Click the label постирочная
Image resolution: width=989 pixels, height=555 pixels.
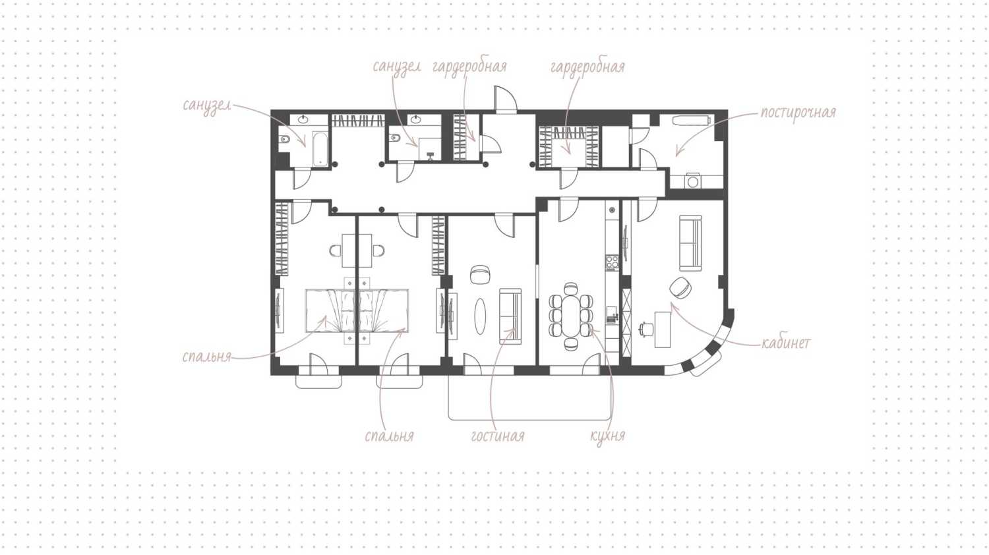798,113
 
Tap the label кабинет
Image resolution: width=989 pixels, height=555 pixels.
787,343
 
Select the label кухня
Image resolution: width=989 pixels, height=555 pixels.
607,436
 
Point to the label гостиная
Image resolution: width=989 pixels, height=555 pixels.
498,436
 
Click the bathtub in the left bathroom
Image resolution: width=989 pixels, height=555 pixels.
320,148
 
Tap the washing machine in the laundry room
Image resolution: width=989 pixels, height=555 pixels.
693,181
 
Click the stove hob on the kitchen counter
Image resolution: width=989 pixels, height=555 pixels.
612,262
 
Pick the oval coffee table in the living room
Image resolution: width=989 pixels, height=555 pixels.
480,316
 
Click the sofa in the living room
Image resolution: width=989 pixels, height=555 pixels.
510,316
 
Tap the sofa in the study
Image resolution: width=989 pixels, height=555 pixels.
690,243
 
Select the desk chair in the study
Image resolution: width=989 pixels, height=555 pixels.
646,329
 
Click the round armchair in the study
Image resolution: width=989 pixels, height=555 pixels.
680,288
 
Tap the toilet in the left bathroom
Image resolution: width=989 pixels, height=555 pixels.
284,140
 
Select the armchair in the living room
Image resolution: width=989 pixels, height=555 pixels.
480,274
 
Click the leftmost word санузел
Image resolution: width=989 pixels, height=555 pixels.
207,106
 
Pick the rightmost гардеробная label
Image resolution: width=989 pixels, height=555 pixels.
587,67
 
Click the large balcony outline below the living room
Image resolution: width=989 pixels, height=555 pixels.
530,420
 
